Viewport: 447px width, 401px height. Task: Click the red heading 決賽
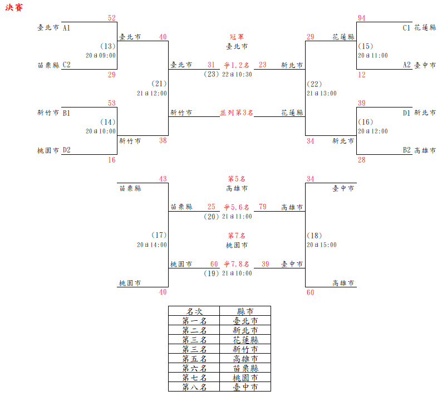tap(14, 8)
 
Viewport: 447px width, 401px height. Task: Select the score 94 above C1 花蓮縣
tap(362, 18)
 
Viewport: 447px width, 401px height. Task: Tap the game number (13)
tap(108, 46)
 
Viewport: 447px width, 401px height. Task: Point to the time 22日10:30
tap(237, 74)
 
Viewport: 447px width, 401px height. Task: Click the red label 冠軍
tap(237, 37)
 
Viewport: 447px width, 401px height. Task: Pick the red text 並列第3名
tap(237, 113)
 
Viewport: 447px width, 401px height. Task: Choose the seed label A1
tap(66, 27)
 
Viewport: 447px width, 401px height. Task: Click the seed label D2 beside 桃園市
tap(66, 150)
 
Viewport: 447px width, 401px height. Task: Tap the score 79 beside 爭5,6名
tap(263, 207)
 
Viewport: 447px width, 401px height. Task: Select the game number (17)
tap(159, 236)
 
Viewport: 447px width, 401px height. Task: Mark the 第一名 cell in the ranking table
tap(194, 321)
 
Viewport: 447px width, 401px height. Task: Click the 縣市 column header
tap(245, 311)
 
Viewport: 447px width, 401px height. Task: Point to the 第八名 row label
tap(194, 387)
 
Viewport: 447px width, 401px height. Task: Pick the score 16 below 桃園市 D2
tap(112, 160)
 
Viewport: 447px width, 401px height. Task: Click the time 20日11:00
tap(372, 56)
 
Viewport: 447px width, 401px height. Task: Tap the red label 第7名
tap(237, 236)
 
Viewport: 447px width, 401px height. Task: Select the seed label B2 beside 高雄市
tap(407, 150)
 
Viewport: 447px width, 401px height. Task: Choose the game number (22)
tap(315, 84)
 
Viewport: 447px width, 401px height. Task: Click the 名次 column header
tap(194, 311)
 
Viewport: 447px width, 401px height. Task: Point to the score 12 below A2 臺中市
tap(362, 75)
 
